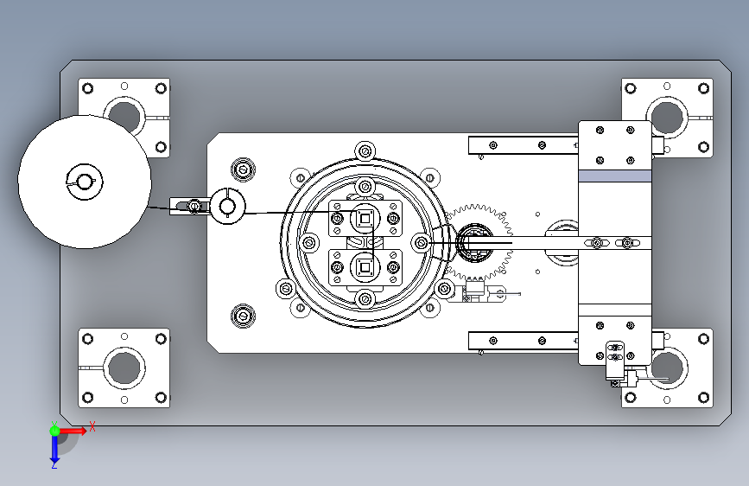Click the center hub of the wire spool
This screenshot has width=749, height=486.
point(85,182)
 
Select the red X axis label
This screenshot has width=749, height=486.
point(92,426)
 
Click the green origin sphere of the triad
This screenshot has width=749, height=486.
point(54,431)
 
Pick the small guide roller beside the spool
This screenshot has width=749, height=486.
point(227,206)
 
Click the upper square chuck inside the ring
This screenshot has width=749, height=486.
point(365,219)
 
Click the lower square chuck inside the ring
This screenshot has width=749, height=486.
point(365,267)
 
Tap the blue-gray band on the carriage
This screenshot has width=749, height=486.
point(615,176)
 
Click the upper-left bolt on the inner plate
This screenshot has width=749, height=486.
point(243,169)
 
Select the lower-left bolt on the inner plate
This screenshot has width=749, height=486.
point(243,316)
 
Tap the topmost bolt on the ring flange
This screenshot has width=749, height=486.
point(365,151)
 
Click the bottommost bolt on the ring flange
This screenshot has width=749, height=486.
point(365,299)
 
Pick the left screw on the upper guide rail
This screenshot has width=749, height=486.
point(493,145)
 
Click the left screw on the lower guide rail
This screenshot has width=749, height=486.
point(493,341)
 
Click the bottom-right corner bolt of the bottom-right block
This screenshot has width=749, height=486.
point(703,397)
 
